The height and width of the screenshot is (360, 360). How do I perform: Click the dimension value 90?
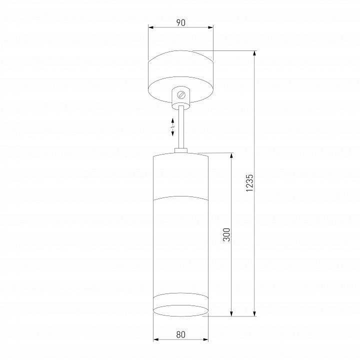coord(180,22)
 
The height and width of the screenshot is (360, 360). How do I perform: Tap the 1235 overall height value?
coord(250,183)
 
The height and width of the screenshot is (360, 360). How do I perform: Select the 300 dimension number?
coord(226,234)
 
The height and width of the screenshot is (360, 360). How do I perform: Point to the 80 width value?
coord(180,334)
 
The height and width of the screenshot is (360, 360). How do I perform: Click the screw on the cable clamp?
coord(181,93)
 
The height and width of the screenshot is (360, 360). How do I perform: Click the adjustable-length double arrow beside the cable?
coord(172,127)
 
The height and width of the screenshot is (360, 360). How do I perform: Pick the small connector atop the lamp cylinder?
coord(181,150)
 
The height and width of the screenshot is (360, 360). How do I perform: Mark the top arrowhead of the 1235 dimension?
coord(255,53)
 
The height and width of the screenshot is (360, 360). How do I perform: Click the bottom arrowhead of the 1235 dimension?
coord(255,313)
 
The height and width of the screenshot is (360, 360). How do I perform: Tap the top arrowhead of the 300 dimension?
coord(231,155)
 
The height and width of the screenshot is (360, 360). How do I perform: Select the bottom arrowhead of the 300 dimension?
coord(231,313)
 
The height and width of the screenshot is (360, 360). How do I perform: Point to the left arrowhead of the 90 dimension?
coord(151,28)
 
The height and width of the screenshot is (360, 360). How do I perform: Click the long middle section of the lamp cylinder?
coord(180,245)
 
